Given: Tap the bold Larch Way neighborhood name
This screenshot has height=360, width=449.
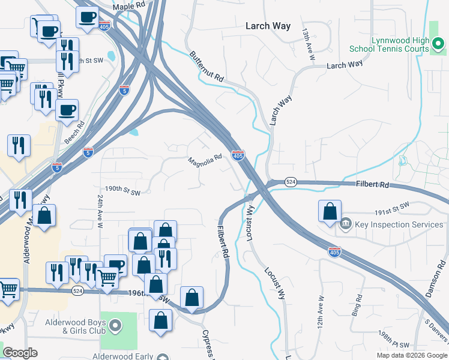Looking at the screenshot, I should point(268,26).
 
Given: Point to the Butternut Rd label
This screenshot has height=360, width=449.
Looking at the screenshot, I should point(207,67).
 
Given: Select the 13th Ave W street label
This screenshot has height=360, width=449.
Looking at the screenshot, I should point(309,43).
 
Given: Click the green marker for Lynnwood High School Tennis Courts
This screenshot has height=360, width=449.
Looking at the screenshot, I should point(439,43).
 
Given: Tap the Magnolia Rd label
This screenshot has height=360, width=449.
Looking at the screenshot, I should point(205,161).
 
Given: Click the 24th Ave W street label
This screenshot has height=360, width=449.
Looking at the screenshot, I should point(100,210).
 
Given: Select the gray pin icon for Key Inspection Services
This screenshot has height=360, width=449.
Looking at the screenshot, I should point(345,224).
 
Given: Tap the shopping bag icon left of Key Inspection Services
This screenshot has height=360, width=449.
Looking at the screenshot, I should point(330,212).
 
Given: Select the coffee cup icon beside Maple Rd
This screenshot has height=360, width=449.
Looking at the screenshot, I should point(87,16).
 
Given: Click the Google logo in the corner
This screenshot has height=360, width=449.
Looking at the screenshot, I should point(20,353).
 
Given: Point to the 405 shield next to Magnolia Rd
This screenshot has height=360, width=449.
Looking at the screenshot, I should point(238,155).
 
